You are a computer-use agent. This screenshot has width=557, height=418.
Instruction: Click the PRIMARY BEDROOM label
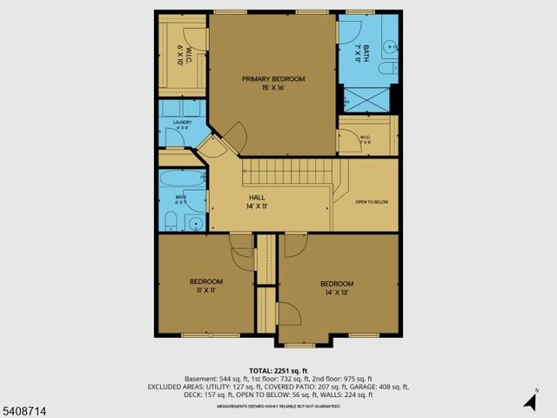272,78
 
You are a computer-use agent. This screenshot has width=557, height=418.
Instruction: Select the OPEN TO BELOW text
372,201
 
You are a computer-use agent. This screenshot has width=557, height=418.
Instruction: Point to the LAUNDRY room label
182,123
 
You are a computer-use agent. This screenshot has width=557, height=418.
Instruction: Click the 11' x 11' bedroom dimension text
206,292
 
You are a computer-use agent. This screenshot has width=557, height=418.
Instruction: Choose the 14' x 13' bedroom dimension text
336,293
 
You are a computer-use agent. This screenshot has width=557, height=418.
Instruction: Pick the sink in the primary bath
391,64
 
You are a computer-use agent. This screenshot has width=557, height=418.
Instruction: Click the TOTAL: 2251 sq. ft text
278,370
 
